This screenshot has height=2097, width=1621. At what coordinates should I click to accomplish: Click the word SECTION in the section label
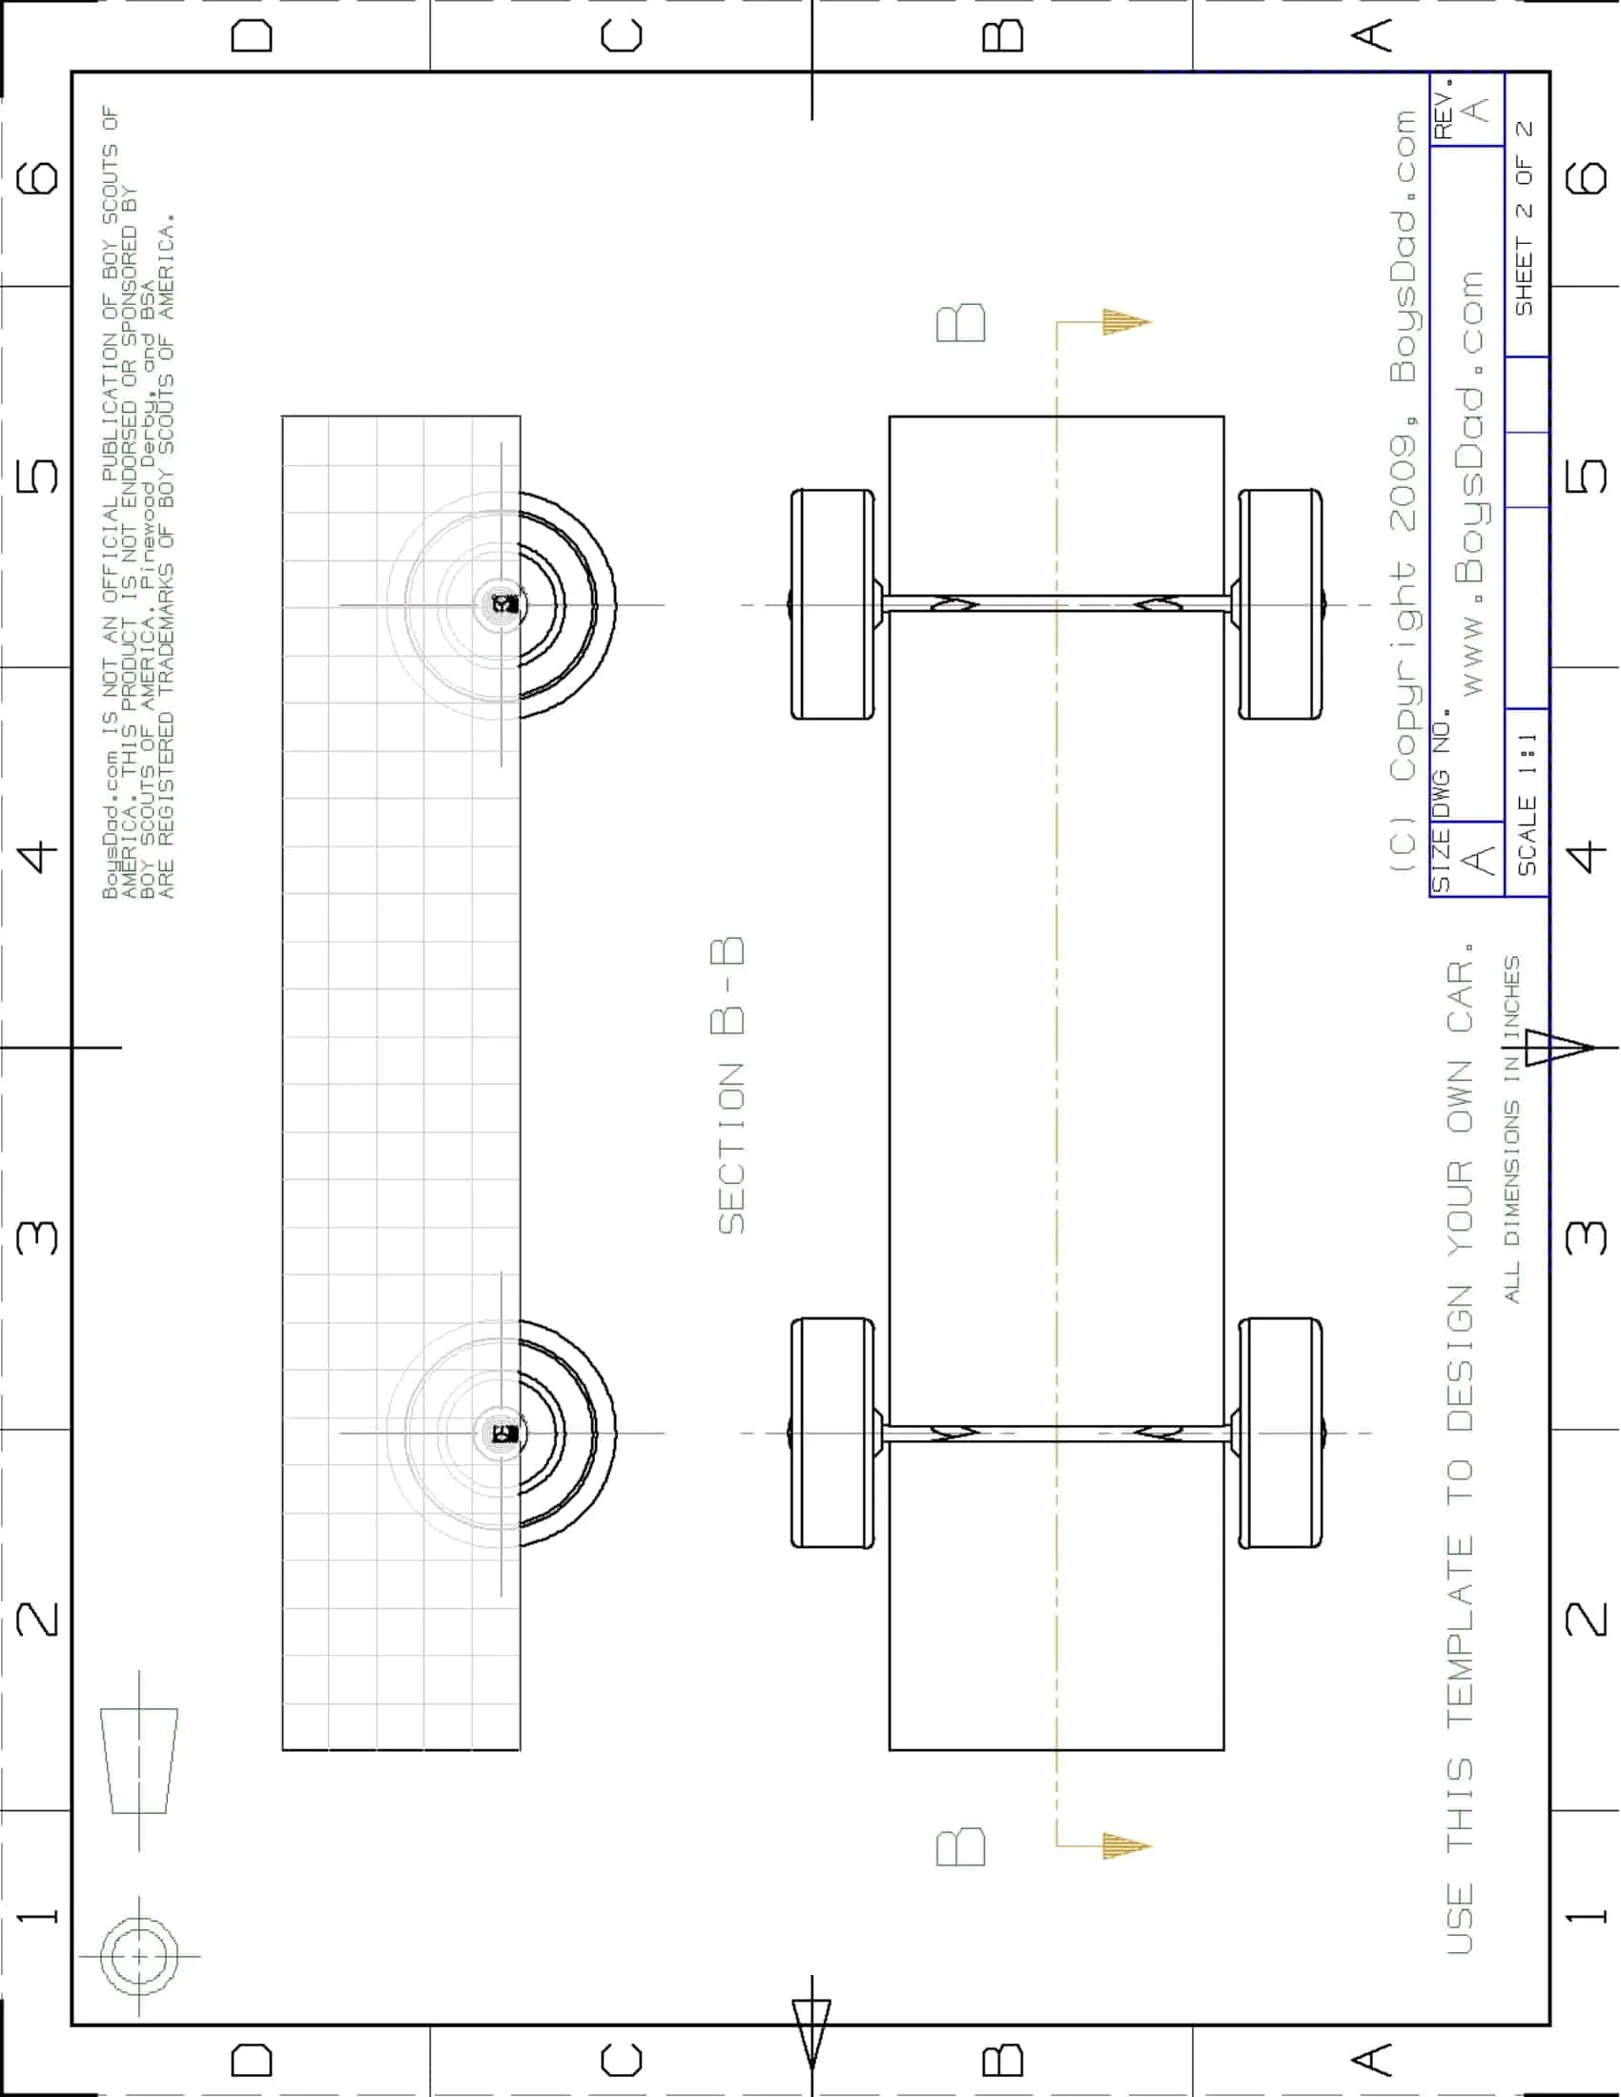(x=731, y=1149)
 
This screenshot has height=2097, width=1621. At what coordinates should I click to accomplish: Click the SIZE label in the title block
(x=1441, y=862)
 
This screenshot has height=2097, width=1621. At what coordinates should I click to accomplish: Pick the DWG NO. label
(x=1442, y=764)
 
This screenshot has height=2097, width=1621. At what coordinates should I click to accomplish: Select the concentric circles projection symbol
(x=139, y=1956)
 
